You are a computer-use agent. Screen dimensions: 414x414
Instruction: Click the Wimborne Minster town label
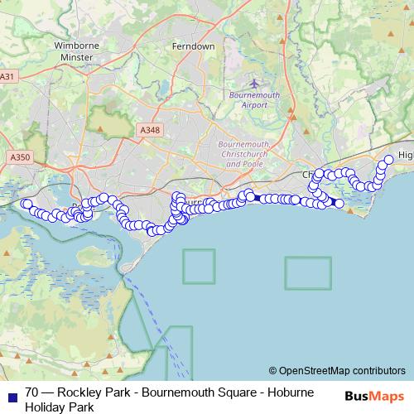coord(76,51)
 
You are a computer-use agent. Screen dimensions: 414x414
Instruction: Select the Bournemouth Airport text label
coord(253,100)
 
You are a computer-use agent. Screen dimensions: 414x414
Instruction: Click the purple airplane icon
coord(253,83)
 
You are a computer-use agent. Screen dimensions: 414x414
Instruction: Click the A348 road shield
coord(149,130)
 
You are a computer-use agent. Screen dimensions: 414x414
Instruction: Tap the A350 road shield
coord(19,156)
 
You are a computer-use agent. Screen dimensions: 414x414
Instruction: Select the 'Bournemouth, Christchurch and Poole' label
coord(238,154)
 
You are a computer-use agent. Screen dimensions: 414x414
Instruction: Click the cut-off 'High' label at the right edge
coord(405,156)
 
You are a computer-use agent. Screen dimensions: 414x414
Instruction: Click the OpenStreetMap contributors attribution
coord(337,371)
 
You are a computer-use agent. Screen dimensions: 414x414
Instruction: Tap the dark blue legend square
coord(11,394)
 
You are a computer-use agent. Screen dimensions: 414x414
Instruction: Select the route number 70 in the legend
coord(32,393)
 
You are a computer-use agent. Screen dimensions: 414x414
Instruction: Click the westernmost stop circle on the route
coord(26,204)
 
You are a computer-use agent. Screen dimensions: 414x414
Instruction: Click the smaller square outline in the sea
coord(199,267)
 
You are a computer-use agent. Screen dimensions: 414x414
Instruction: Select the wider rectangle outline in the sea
coord(308,273)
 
